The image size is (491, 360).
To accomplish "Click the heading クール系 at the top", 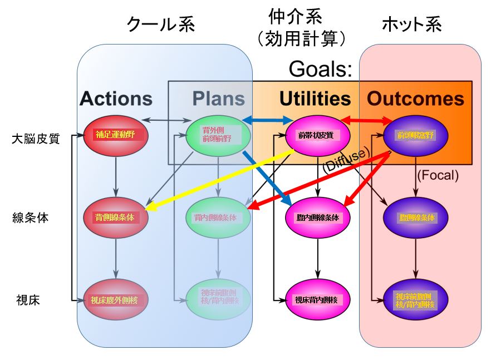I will pyautogui.click(x=161, y=24).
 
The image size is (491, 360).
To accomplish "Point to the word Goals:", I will pyautogui.click(x=321, y=69).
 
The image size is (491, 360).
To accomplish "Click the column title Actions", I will pyautogui.click(x=116, y=98).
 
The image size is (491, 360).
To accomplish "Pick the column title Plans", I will pyautogui.click(x=219, y=98).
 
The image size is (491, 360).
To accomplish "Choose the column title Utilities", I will pyautogui.click(x=315, y=98).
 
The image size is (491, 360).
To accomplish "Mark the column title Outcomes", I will pyautogui.click(x=415, y=98).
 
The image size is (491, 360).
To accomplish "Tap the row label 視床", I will pyautogui.click(x=26, y=300).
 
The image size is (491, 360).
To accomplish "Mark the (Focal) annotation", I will pyautogui.click(x=438, y=176).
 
